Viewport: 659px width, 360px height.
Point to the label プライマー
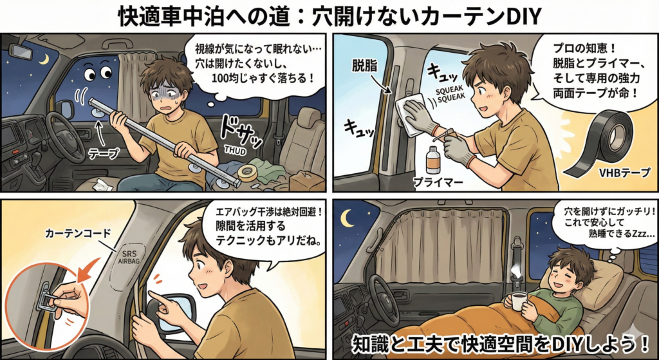click(438, 182)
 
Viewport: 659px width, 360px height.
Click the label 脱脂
click(365, 65)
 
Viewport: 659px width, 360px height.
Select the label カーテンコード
click(78, 232)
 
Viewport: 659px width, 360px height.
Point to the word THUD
click(236, 149)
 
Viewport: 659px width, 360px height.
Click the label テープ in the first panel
click(104, 154)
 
